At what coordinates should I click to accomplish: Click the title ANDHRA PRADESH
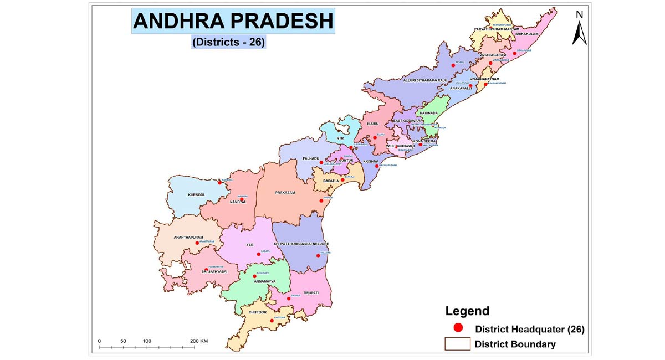pos(233,22)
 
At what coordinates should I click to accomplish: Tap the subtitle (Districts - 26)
pos(229,42)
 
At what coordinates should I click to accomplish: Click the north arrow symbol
pos(579,29)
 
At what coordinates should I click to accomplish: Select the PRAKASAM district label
pos(285,192)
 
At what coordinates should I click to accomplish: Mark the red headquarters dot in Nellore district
pos(318,255)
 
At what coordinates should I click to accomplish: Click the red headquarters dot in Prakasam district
pos(321,200)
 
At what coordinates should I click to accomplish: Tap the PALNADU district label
pos(311,158)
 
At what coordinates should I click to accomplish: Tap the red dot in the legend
pos(458,328)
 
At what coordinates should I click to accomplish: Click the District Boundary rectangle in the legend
pos(457,344)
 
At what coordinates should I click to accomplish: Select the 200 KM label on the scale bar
pos(199,341)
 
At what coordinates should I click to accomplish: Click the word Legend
pos(467,311)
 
